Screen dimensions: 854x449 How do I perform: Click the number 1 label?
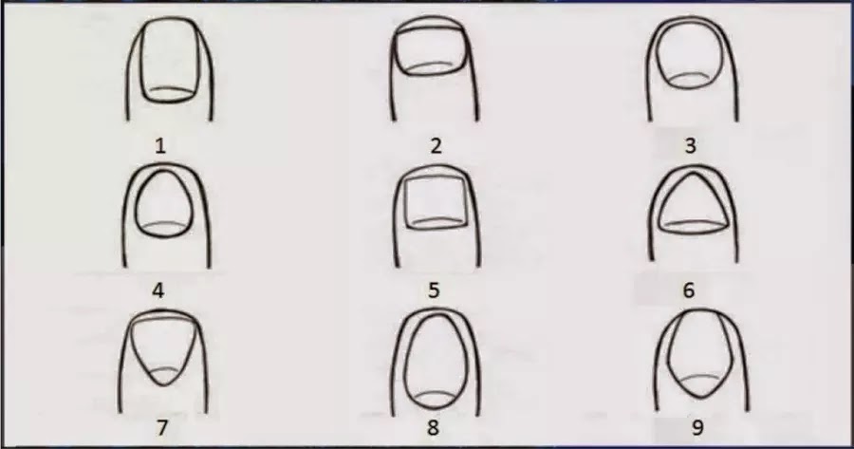(x=160, y=146)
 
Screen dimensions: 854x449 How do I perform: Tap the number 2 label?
(x=436, y=146)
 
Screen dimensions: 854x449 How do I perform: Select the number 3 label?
(x=690, y=146)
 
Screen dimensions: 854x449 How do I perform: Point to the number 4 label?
(x=158, y=290)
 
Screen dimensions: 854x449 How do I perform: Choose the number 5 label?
(x=434, y=290)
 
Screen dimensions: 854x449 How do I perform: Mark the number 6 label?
(x=689, y=290)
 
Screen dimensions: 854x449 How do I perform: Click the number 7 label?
(x=161, y=428)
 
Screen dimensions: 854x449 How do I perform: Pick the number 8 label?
(x=433, y=428)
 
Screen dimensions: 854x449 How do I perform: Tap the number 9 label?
(x=697, y=428)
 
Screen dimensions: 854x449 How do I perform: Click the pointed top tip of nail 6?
(x=693, y=173)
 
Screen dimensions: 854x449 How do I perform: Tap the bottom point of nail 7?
(x=164, y=385)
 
